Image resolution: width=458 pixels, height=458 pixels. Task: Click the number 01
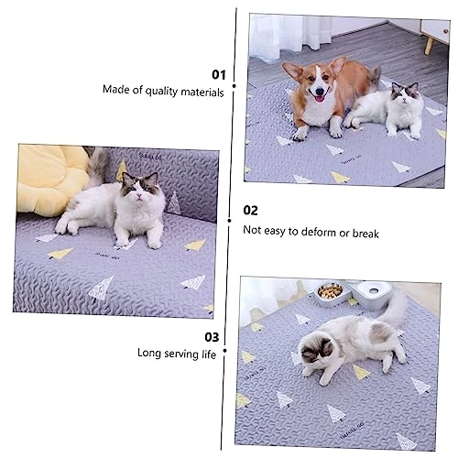point(218,74)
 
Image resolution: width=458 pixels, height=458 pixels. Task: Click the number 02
point(250,211)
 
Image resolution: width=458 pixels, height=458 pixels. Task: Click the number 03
point(212,336)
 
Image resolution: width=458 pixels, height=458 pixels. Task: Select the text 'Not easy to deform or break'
point(311,232)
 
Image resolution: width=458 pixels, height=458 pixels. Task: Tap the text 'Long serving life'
point(177,353)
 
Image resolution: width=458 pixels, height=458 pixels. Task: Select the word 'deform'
point(319,232)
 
